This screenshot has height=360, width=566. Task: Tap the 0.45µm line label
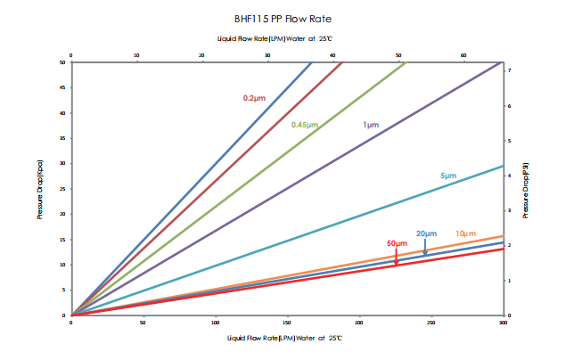coord(304,125)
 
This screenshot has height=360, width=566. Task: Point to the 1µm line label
coord(371,125)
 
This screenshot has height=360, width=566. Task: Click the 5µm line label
coord(448,176)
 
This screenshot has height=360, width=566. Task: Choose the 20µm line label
coord(426,233)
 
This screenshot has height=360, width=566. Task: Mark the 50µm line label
coord(397,243)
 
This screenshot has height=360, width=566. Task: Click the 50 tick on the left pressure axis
coord(62,62)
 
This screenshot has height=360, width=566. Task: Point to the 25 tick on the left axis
coord(62,189)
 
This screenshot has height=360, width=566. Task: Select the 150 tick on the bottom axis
coord(287,323)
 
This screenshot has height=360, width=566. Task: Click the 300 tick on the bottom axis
coord(503,323)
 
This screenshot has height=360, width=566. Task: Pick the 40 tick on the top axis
coord(333,55)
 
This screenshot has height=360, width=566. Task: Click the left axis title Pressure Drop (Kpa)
coord(40,189)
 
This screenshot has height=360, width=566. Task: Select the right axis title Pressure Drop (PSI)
coord(526,189)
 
